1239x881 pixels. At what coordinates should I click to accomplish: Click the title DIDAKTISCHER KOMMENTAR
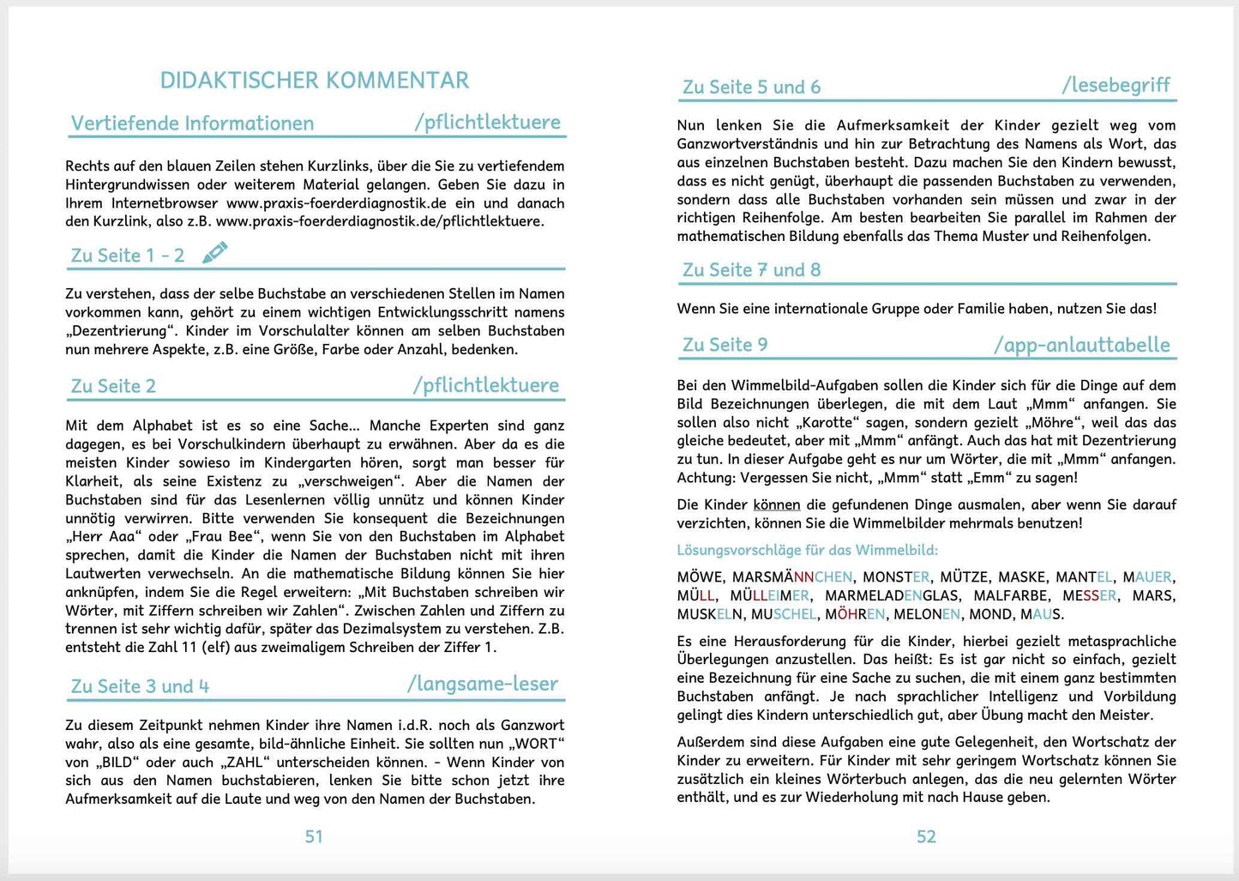pos(314,81)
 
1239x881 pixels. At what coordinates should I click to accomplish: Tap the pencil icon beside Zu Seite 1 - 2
pos(215,252)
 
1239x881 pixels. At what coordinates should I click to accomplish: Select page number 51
pos(314,836)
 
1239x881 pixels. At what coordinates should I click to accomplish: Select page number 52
pos(926,836)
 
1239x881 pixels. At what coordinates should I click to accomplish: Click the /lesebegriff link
pos(1116,85)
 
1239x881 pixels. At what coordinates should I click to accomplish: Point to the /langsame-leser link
pos(482,684)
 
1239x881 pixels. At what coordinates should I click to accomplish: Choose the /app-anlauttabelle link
pos(1081,345)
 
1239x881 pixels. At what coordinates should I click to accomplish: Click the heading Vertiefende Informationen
pos(192,124)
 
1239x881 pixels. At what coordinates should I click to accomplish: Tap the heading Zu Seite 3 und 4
pos(140,686)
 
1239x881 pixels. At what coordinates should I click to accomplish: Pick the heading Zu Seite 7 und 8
pos(751,270)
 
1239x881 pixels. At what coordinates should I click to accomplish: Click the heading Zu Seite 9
pos(725,345)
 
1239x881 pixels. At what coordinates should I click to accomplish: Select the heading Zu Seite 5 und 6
pos(751,87)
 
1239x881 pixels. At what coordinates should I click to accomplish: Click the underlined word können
pos(776,504)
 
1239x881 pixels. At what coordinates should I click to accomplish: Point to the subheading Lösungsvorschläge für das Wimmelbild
pos(807,550)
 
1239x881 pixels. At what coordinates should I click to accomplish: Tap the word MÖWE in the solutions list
pos(700,577)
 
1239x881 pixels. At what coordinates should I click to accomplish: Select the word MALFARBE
pos(1011,595)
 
